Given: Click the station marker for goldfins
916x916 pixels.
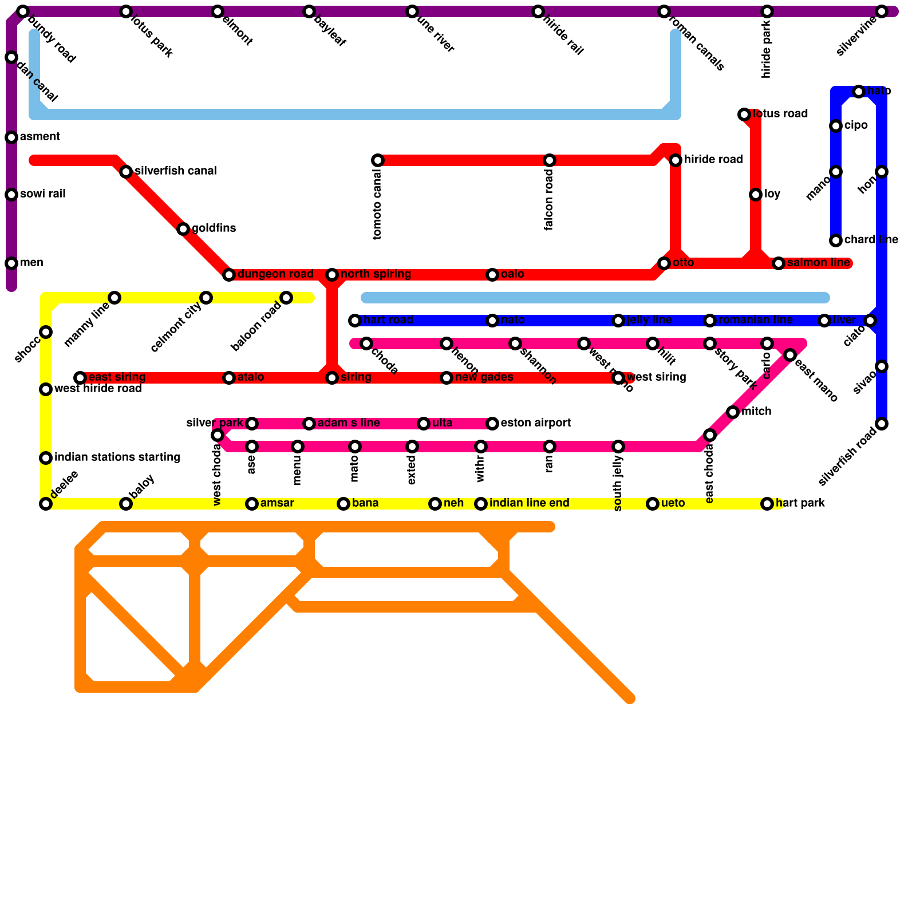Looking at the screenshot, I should coord(183,229).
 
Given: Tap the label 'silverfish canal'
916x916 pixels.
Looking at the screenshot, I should coord(175,171).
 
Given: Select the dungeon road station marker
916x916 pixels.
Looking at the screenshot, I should coord(229,275).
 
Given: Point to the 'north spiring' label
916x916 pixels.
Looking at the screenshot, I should coord(376,274).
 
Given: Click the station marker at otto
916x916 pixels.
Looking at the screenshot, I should coord(664,263).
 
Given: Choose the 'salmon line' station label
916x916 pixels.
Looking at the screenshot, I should coord(818,263).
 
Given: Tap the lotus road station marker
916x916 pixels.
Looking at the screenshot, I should coord(744,114).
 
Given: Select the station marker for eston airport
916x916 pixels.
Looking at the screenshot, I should coord(492,424).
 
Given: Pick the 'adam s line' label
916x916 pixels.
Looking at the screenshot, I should coord(349,423).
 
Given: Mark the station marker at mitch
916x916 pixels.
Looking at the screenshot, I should coord(733,412).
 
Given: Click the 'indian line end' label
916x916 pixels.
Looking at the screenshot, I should coord(529,503).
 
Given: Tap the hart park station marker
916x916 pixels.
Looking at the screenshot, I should coord(767,504).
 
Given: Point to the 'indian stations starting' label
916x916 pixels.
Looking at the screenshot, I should coord(117,457).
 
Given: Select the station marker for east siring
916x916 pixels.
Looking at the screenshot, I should coord(80,378).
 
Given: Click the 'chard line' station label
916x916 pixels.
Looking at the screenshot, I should coord(871,240).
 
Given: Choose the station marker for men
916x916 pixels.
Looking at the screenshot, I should coord(11,263).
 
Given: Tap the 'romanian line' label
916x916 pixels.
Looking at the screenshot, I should coord(755,320).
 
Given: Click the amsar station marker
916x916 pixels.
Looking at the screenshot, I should coord(252,504).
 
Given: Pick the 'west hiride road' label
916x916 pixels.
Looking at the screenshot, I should coord(97,389).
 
